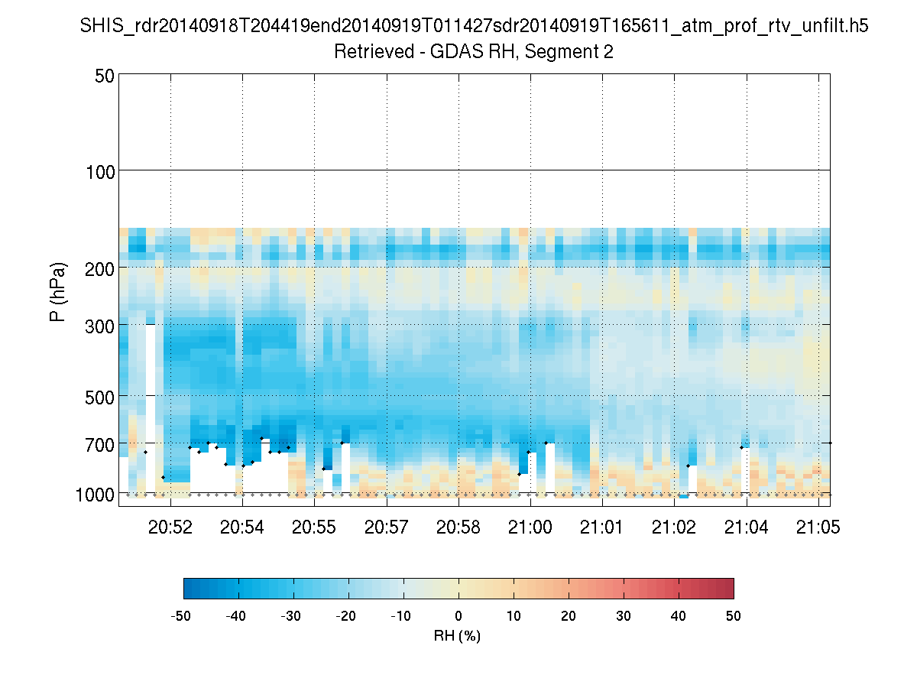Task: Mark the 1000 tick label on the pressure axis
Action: [96, 495]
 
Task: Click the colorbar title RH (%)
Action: [457, 636]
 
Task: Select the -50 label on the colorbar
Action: [181, 617]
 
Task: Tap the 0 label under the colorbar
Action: [458, 617]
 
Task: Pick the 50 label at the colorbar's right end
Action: [734, 617]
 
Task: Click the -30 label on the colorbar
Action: [291, 617]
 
